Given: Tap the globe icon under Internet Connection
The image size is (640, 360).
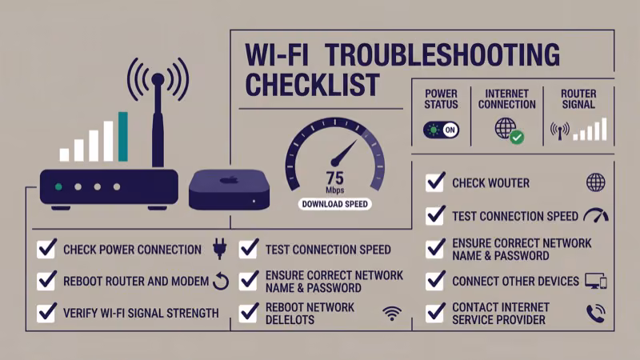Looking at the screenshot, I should [x=506, y=128].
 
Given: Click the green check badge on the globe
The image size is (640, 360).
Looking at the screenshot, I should [x=517, y=138].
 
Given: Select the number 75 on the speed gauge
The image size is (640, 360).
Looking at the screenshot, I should [x=334, y=178].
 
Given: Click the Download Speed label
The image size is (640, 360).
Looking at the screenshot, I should [x=334, y=204].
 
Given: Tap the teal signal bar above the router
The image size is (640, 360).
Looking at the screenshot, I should [x=123, y=136].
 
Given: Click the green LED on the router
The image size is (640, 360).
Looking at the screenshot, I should [x=58, y=186].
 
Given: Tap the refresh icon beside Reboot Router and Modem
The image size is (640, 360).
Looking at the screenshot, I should [x=221, y=281].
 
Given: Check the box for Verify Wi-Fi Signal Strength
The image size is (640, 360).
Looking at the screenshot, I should [x=46, y=313].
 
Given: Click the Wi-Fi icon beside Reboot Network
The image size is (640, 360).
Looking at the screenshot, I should [x=391, y=313].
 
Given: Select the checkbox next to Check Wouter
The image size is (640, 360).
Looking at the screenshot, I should [x=435, y=182].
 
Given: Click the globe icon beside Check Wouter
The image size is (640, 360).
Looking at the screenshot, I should [x=595, y=182].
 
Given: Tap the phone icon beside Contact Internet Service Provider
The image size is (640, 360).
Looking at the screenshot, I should [x=595, y=313].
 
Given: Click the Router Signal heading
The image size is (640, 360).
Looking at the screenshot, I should [x=578, y=98].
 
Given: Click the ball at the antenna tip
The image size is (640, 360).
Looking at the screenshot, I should [x=158, y=78].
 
